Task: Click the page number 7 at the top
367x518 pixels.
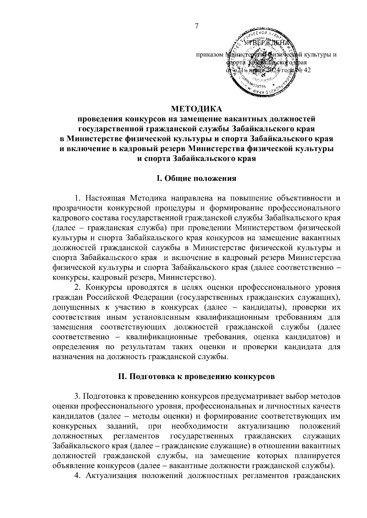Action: point(197,26)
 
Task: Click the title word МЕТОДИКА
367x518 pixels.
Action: point(197,109)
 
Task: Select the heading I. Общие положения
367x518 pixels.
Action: point(197,178)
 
